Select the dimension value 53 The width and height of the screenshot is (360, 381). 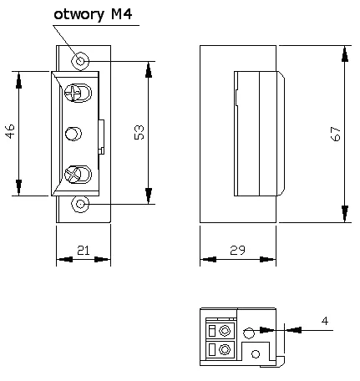click(139, 133)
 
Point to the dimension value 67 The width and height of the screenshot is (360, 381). click(335, 134)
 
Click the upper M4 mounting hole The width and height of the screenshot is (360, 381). click(81, 61)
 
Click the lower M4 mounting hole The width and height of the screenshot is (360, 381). click(81, 203)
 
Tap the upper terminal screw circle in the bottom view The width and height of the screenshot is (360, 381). click(224, 331)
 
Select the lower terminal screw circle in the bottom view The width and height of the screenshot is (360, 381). click(224, 350)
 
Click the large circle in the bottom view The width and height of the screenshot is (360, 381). click(249, 333)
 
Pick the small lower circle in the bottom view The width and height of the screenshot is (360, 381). click(256, 353)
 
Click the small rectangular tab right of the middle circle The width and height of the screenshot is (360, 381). click(102, 135)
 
